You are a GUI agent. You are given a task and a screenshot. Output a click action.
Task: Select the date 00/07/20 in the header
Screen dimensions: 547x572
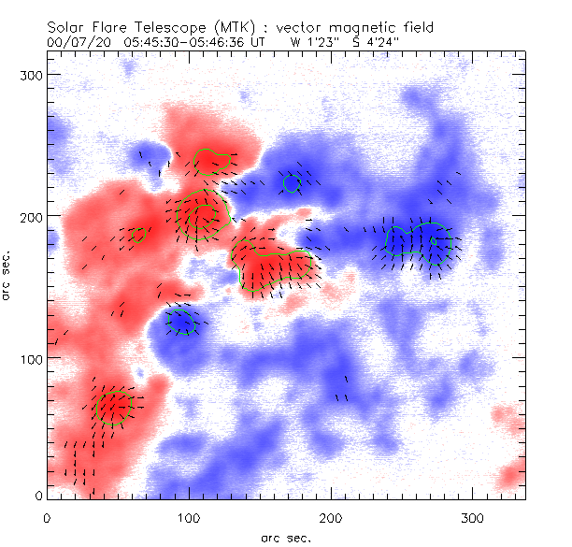(x=72, y=42)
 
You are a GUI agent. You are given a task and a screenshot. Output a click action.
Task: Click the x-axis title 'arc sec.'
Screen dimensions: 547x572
(x=286, y=537)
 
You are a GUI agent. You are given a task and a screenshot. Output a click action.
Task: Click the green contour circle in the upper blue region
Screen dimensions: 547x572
(x=292, y=182)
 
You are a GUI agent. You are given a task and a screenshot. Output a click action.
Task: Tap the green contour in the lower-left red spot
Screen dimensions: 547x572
(x=112, y=407)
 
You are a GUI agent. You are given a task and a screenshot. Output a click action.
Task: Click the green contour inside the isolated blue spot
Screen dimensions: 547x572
(x=181, y=323)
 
